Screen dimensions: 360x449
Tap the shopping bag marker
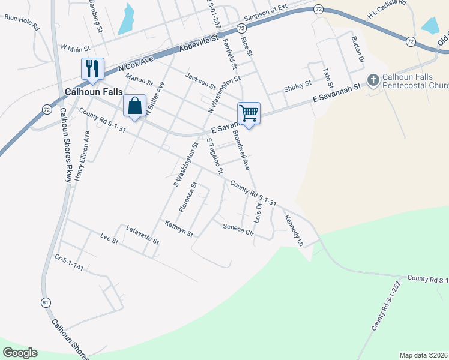[135, 106]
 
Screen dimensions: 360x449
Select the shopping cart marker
[249, 112]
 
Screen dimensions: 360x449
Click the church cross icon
[373, 80]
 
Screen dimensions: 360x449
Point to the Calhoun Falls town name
[94, 92]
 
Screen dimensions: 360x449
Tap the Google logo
[20, 353]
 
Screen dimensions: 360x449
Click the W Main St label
[75, 47]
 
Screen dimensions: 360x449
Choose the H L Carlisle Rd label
[387, 12]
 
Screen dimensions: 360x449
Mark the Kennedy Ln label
[294, 230]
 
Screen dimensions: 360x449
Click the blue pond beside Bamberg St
[126, 20]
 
